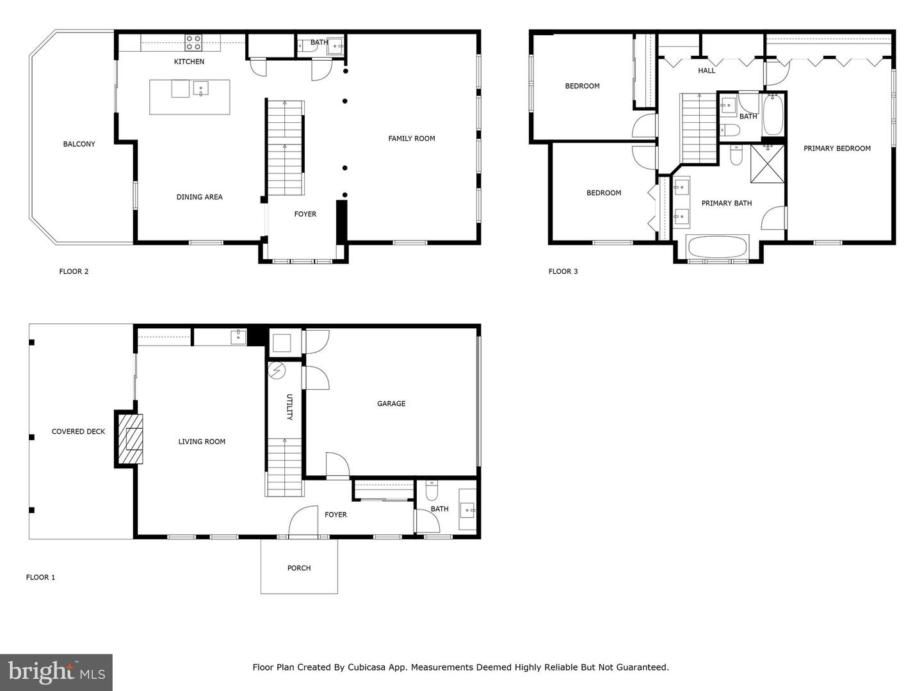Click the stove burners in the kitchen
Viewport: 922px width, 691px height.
click(193, 42)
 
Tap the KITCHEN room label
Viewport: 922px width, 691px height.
click(190, 61)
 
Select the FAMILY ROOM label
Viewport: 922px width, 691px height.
click(411, 138)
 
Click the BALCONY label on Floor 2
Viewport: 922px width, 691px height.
click(79, 144)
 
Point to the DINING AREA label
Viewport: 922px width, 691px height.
click(199, 197)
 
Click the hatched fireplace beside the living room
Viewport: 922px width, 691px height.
click(133, 439)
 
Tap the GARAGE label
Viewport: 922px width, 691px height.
click(391, 404)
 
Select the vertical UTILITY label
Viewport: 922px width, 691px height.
click(289, 407)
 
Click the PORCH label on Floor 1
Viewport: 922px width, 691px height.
click(299, 568)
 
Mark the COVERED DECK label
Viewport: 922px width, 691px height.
click(78, 432)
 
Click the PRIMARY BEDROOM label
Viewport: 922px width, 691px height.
click(837, 148)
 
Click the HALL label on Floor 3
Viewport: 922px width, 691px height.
click(706, 70)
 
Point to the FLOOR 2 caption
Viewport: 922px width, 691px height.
click(74, 271)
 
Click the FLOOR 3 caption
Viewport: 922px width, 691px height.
click(563, 271)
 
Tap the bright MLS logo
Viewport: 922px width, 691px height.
click(56, 672)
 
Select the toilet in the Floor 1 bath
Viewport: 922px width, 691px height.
click(432, 491)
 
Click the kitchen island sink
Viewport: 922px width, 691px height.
click(200, 88)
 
